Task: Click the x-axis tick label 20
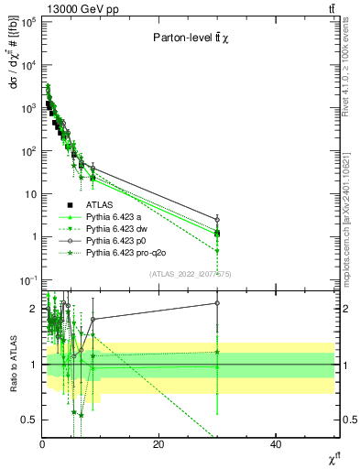point(158,443)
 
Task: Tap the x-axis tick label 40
point(276,443)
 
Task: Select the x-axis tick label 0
point(42,443)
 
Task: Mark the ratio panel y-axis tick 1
point(34,365)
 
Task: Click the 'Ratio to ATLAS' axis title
point(12,365)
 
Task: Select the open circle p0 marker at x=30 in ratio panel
point(217,302)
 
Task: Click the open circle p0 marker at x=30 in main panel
point(217,220)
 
